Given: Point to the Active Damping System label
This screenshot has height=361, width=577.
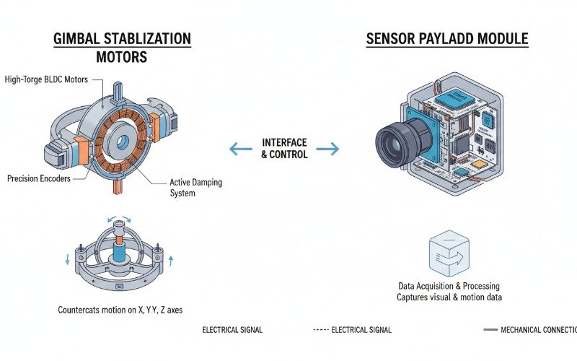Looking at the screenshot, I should click(195, 188).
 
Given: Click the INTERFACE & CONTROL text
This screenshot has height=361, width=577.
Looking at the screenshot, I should click(284, 149).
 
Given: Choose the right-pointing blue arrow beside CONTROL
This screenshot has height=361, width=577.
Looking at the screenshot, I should click(328, 149).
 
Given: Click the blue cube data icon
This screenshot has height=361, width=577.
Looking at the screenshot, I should click(444, 254).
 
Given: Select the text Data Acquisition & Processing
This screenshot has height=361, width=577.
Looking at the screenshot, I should click(449, 286).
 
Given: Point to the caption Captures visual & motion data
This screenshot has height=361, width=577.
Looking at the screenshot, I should click(449, 297).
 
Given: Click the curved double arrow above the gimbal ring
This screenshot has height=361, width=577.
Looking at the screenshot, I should click(116, 220).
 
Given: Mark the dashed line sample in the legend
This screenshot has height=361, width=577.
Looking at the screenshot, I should click(320, 330).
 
